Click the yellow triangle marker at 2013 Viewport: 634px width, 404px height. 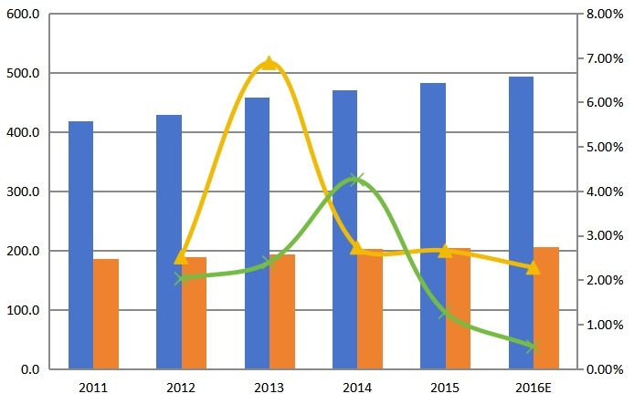(269, 63)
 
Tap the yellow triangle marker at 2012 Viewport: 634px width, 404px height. (181, 257)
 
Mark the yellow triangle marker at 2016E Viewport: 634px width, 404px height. (534, 267)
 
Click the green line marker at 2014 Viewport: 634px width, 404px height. (357, 180)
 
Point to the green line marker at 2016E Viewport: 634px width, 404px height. (534, 347)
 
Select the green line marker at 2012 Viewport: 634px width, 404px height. (181, 278)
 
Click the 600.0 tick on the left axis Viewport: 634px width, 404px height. (23, 14)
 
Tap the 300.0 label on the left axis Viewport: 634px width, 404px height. (23, 192)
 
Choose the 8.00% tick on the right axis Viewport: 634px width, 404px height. (605, 14)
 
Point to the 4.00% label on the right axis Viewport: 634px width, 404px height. (605, 192)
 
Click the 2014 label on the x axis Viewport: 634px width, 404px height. (357, 388)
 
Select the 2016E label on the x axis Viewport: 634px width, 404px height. (534, 388)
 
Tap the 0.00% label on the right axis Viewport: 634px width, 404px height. (605, 369)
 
